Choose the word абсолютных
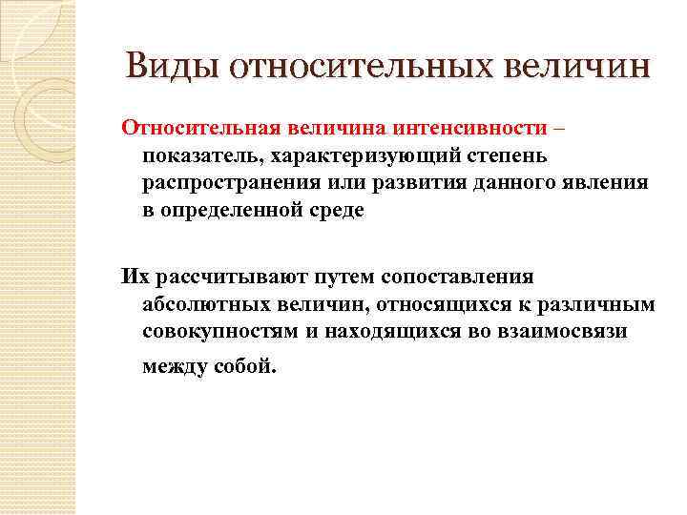[199, 304]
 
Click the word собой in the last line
[245, 366]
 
